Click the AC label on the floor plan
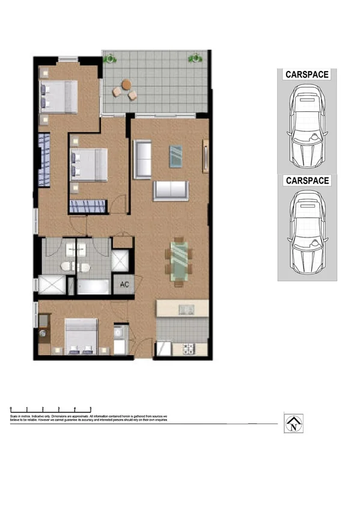coord(124,284)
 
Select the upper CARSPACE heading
coord(307,75)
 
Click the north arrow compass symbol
coord(293,423)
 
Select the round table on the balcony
coord(126,85)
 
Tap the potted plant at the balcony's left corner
coord(109,58)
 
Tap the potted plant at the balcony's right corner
coord(195,58)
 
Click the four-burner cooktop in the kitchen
coord(186,348)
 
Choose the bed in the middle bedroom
coord(89,164)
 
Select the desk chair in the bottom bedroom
coord(43,333)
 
